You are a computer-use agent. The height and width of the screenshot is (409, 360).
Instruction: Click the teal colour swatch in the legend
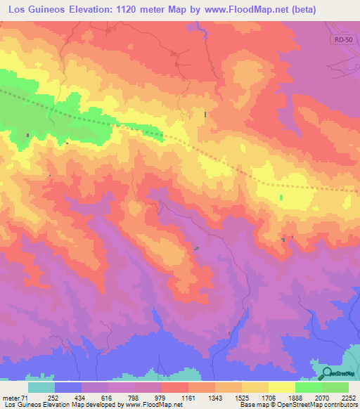coord(41,388)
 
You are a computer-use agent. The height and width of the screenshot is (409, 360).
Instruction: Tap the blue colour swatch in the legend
coord(68,388)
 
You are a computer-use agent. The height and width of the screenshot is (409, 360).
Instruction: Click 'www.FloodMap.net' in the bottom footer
coord(150,405)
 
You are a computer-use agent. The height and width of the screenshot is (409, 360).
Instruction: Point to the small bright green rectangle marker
coord(281,197)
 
